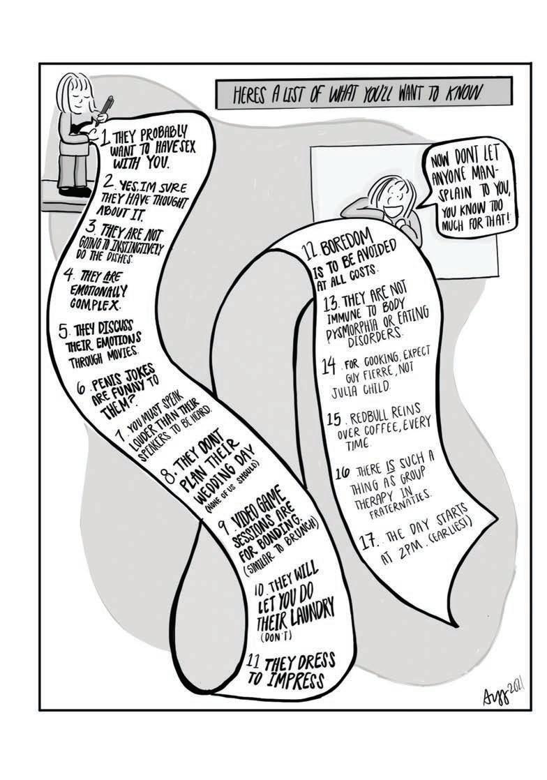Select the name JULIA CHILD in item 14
tap(359, 387)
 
